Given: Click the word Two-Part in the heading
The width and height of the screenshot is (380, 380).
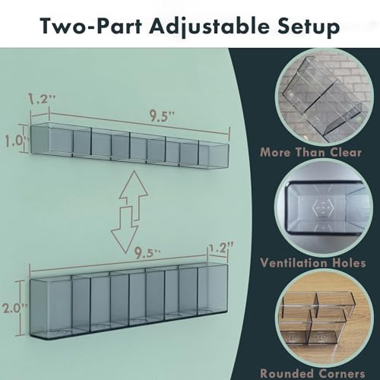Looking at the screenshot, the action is (90, 26).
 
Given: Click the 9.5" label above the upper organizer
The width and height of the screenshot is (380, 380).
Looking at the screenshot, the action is (162, 116).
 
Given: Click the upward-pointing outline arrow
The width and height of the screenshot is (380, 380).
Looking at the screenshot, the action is (134, 195).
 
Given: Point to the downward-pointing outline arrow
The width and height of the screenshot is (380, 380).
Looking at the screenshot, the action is (125, 230).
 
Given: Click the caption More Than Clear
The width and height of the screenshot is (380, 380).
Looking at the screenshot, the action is (311, 152).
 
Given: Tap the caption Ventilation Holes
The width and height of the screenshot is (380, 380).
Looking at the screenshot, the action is (313, 263).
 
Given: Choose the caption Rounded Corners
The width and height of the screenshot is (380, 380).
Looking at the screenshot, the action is (312, 373).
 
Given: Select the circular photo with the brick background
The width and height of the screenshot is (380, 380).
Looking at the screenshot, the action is (325, 97).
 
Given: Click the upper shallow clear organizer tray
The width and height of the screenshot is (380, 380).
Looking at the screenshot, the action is (130, 145).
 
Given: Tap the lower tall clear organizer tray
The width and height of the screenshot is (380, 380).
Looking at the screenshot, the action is (129, 302).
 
